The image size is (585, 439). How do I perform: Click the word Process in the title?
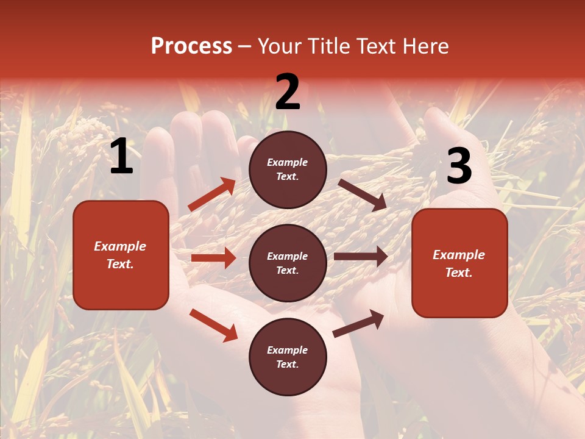pyautogui.click(x=191, y=46)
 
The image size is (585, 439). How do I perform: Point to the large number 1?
pyautogui.click(x=121, y=157)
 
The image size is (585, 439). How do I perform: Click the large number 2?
pyautogui.click(x=288, y=92)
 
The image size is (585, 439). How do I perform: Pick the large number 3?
pyautogui.click(x=459, y=166)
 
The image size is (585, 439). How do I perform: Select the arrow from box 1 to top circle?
pyautogui.click(x=212, y=195)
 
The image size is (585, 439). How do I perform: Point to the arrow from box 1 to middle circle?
pyautogui.click(x=213, y=258)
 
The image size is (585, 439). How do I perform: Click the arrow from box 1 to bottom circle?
pyautogui.click(x=213, y=325)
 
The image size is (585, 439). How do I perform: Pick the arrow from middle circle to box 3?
pyautogui.click(x=361, y=257)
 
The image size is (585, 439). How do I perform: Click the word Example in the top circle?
pyautogui.click(x=288, y=163)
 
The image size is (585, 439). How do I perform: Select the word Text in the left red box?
pyautogui.click(x=119, y=265)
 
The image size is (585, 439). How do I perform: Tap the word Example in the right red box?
pyautogui.click(x=459, y=255)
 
